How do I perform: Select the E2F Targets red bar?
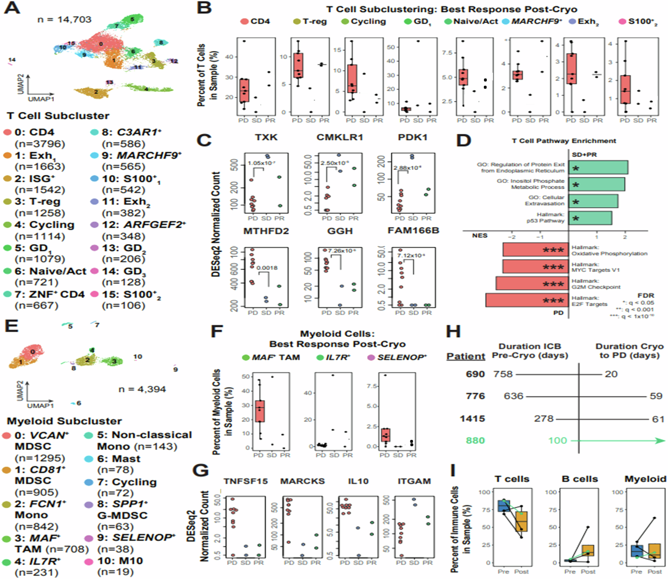(x=527, y=300)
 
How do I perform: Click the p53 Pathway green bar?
(x=590, y=218)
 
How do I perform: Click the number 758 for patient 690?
(x=503, y=374)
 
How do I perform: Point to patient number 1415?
(x=472, y=418)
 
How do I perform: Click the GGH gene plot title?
(x=340, y=231)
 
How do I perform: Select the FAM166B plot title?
(x=413, y=231)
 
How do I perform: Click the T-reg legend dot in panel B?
(x=297, y=22)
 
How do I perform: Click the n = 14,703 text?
(x=64, y=19)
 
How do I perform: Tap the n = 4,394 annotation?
(x=142, y=389)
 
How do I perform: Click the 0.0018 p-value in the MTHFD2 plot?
(x=267, y=268)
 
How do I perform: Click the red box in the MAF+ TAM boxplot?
(x=260, y=411)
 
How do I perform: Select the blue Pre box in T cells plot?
(x=504, y=506)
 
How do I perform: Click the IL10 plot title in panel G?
(x=358, y=481)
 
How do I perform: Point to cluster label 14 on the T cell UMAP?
(x=12, y=60)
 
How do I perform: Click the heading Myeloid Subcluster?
(x=64, y=421)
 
